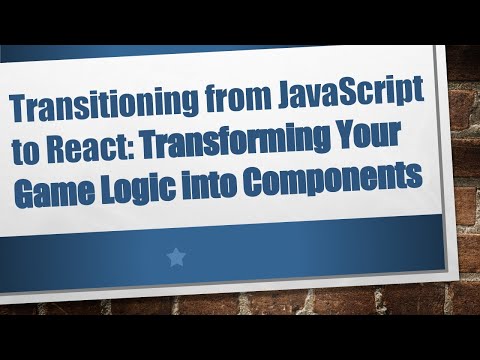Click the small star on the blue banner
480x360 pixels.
tap(176, 258)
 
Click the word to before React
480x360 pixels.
tap(27, 148)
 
